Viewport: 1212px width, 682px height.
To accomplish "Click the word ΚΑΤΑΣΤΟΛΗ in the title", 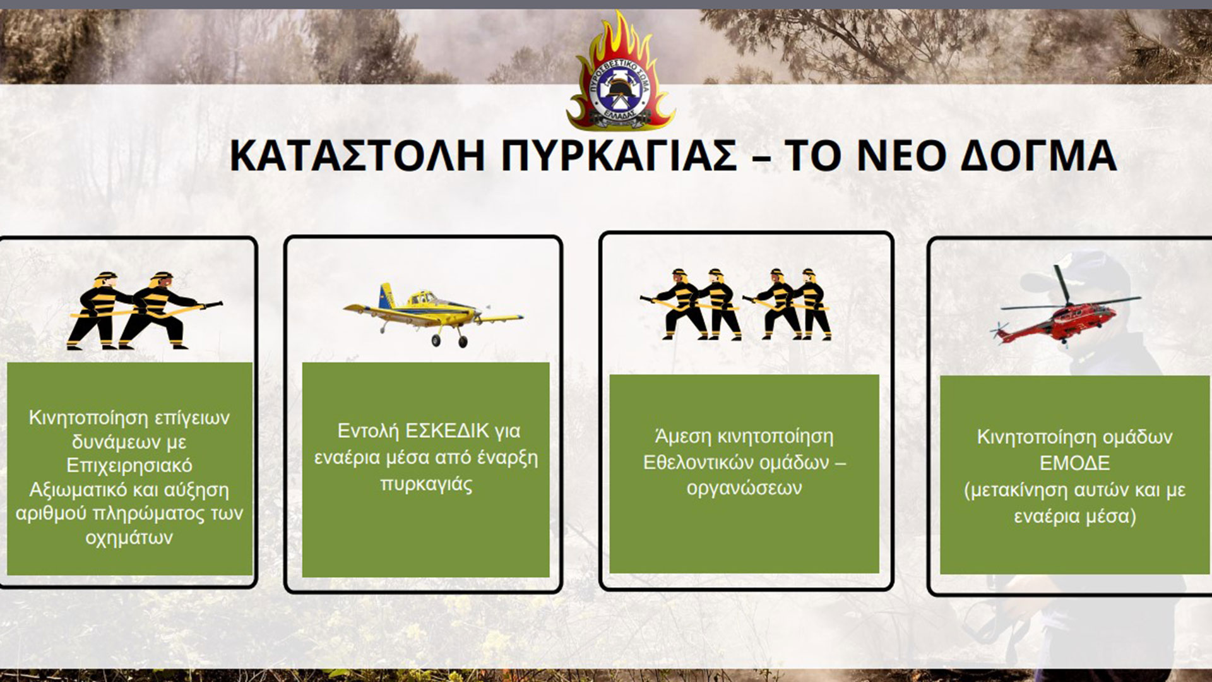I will (x=357, y=156).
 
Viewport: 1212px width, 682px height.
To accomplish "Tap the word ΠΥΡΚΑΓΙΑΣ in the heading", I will (x=619, y=156).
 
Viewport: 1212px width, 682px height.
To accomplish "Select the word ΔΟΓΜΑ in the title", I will (x=1038, y=156).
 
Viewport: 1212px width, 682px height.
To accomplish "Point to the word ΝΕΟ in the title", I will (x=899, y=156).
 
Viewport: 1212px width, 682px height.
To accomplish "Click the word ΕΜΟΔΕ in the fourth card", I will (x=1074, y=464).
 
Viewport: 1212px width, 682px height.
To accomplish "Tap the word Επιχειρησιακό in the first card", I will (x=129, y=466).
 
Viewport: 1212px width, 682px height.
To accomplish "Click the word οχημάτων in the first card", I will (x=129, y=538).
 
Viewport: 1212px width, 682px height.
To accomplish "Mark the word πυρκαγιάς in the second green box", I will (x=426, y=485).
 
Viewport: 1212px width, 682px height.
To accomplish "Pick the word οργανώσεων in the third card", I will (x=744, y=488).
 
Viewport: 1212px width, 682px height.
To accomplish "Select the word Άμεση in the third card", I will (x=680, y=436).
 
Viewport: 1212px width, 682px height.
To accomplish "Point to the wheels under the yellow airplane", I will (x=449, y=341).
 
